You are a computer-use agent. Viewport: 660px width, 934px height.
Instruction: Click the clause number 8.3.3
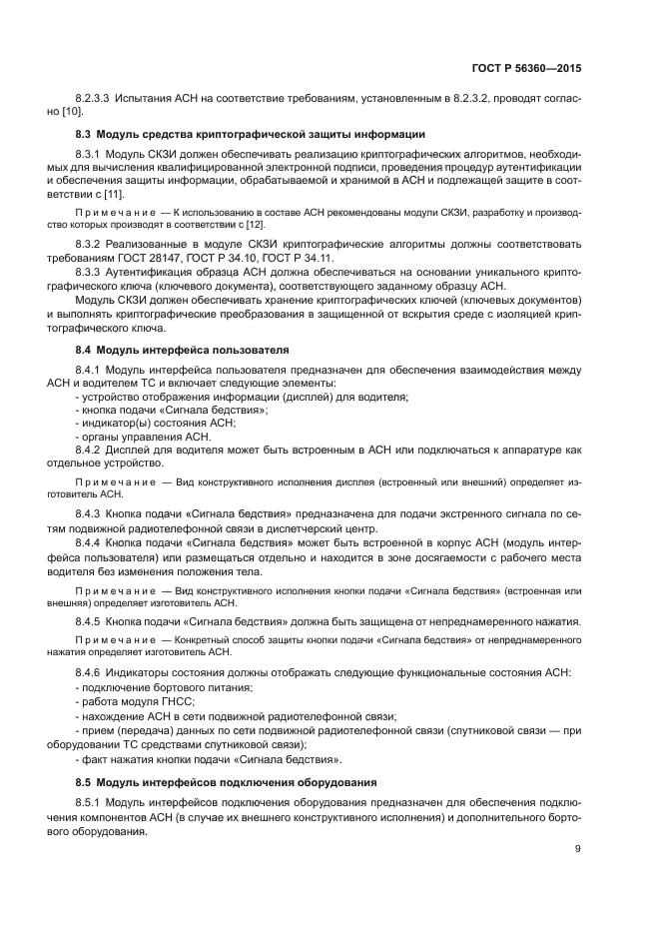click(89, 271)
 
